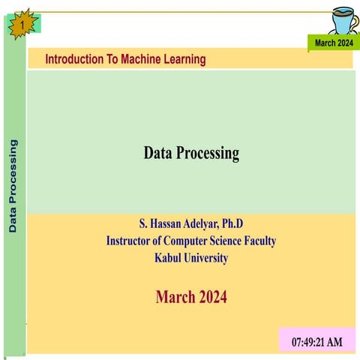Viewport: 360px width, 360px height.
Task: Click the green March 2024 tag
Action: [x=333, y=43]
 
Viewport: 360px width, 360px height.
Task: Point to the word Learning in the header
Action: [x=184, y=59]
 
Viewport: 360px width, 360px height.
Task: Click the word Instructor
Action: [x=133, y=241]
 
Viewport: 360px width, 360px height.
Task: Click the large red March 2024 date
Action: [x=191, y=297]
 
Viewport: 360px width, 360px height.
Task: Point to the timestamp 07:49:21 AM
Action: [x=316, y=342]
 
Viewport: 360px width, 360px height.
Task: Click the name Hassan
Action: [x=166, y=224]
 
